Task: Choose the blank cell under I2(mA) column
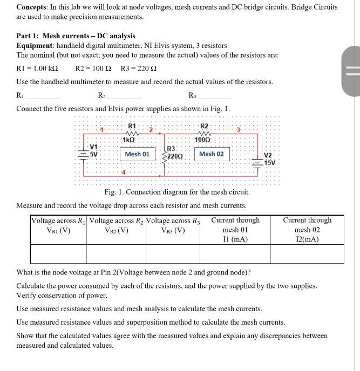307,253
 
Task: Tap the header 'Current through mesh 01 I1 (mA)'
235,230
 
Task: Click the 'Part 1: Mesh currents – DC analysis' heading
76,36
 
